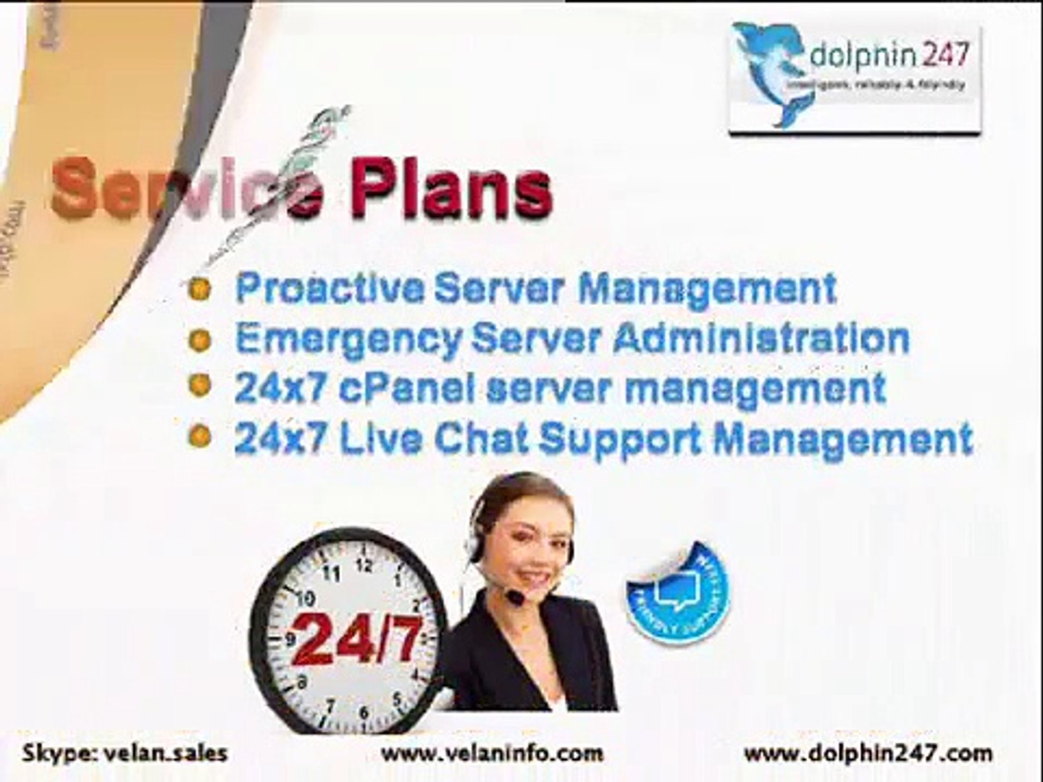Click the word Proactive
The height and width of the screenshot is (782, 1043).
pos(329,288)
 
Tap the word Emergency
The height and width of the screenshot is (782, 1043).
pos(348,339)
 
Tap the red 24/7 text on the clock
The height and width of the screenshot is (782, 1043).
pos(356,639)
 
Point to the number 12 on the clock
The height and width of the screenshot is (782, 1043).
pos(364,566)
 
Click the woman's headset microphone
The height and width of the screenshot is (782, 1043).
pos(515,598)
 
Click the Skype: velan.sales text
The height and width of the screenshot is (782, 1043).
pos(125,752)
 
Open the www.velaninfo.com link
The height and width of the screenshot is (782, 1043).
pos(492,752)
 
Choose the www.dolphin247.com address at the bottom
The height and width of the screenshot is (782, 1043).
pos(868,753)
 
